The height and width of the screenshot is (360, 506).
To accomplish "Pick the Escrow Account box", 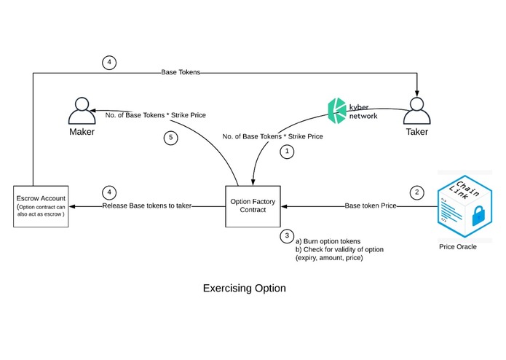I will click(41, 206).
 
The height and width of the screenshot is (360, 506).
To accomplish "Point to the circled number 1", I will click(288, 152).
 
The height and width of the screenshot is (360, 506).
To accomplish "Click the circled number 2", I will click(416, 193).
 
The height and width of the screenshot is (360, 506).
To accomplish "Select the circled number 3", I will click(288, 235).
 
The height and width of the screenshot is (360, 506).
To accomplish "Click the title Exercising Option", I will click(244, 289).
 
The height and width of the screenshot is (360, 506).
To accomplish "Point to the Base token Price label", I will click(370, 206).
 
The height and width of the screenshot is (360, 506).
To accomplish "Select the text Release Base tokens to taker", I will click(147, 206).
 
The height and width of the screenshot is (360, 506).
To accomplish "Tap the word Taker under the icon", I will click(416, 132).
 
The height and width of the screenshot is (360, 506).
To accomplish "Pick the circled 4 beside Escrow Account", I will click(108, 193).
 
